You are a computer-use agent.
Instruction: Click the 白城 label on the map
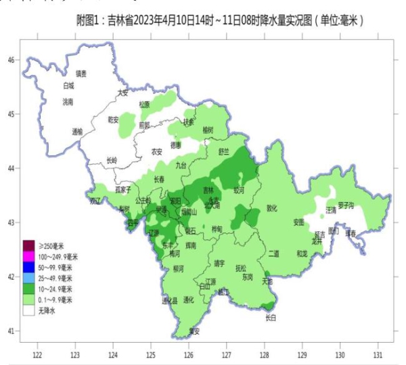tap(68, 86)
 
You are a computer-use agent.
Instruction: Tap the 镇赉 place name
tap(81, 73)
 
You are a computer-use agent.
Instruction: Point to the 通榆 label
tap(77, 132)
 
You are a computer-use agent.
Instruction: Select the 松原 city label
tap(144, 104)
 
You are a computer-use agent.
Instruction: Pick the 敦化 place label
tap(272, 208)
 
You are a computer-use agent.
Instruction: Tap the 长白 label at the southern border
tap(271, 316)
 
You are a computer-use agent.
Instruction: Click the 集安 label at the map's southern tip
tap(194, 331)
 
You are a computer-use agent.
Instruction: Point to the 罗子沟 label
tap(346, 206)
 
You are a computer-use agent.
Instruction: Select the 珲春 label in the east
tap(351, 233)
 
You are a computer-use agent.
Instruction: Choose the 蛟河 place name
tap(238, 191)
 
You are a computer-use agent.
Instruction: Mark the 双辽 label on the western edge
tap(94, 201)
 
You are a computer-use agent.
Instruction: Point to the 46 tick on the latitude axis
tap(11, 59)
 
